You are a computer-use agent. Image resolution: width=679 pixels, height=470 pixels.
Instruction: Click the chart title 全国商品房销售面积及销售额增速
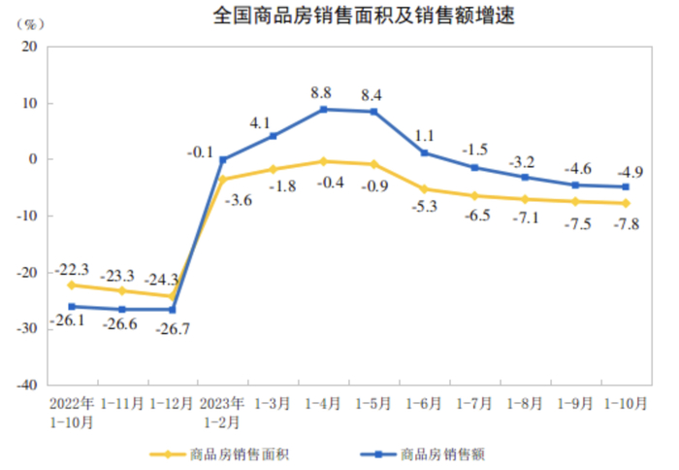point(338,17)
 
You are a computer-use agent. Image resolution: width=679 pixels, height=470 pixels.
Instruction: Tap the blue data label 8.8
point(321,93)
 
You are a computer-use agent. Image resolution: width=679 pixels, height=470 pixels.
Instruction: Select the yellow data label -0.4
point(324,180)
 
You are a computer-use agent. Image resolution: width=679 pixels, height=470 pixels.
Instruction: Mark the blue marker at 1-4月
point(323,110)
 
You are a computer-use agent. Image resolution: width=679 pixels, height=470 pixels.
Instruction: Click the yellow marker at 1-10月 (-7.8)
point(626,203)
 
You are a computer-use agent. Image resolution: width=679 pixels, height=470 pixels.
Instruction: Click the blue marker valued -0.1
point(222,159)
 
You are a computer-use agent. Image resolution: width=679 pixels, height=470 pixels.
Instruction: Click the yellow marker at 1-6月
point(424,189)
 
